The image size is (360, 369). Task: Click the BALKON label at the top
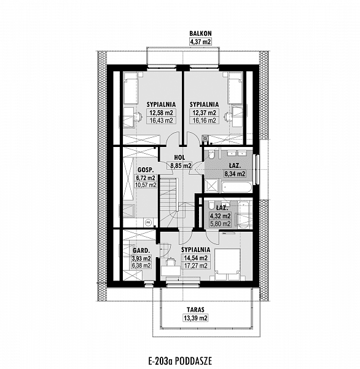pyautogui.click(x=200, y=33)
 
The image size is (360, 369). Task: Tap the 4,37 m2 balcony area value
pyautogui.click(x=200, y=42)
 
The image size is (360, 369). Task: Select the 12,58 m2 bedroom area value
pyautogui.click(x=162, y=113)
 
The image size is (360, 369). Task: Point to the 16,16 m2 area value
pyautogui.click(x=205, y=121)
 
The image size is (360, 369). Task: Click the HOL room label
pyautogui.click(x=179, y=157)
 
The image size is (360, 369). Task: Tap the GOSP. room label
pyautogui.click(x=146, y=170)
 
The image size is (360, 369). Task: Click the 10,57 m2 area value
pyautogui.click(x=146, y=185)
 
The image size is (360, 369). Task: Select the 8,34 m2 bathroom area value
pyautogui.click(x=235, y=174)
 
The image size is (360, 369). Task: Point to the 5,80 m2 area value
pyautogui.click(x=221, y=224)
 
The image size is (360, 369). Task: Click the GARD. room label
pyautogui.click(x=141, y=250)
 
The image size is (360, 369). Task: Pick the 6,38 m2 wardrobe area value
pyautogui.click(x=141, y=266)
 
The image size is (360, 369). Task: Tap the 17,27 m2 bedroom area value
pyautogui.click(x=195, y=266)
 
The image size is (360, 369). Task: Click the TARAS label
pyautogui.click(x=195, y=310)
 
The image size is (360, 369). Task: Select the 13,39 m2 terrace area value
pyautogui.click(x=195, y=318)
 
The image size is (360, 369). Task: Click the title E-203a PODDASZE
pyautogui.click(x=180, y=361)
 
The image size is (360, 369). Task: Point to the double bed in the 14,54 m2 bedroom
pyautogui.click(x=228, y=264)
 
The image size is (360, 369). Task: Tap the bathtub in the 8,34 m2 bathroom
pyautogui.click(x=237, y=188)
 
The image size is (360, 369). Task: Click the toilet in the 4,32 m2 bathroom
pyautogui.click(x=211, y=205)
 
